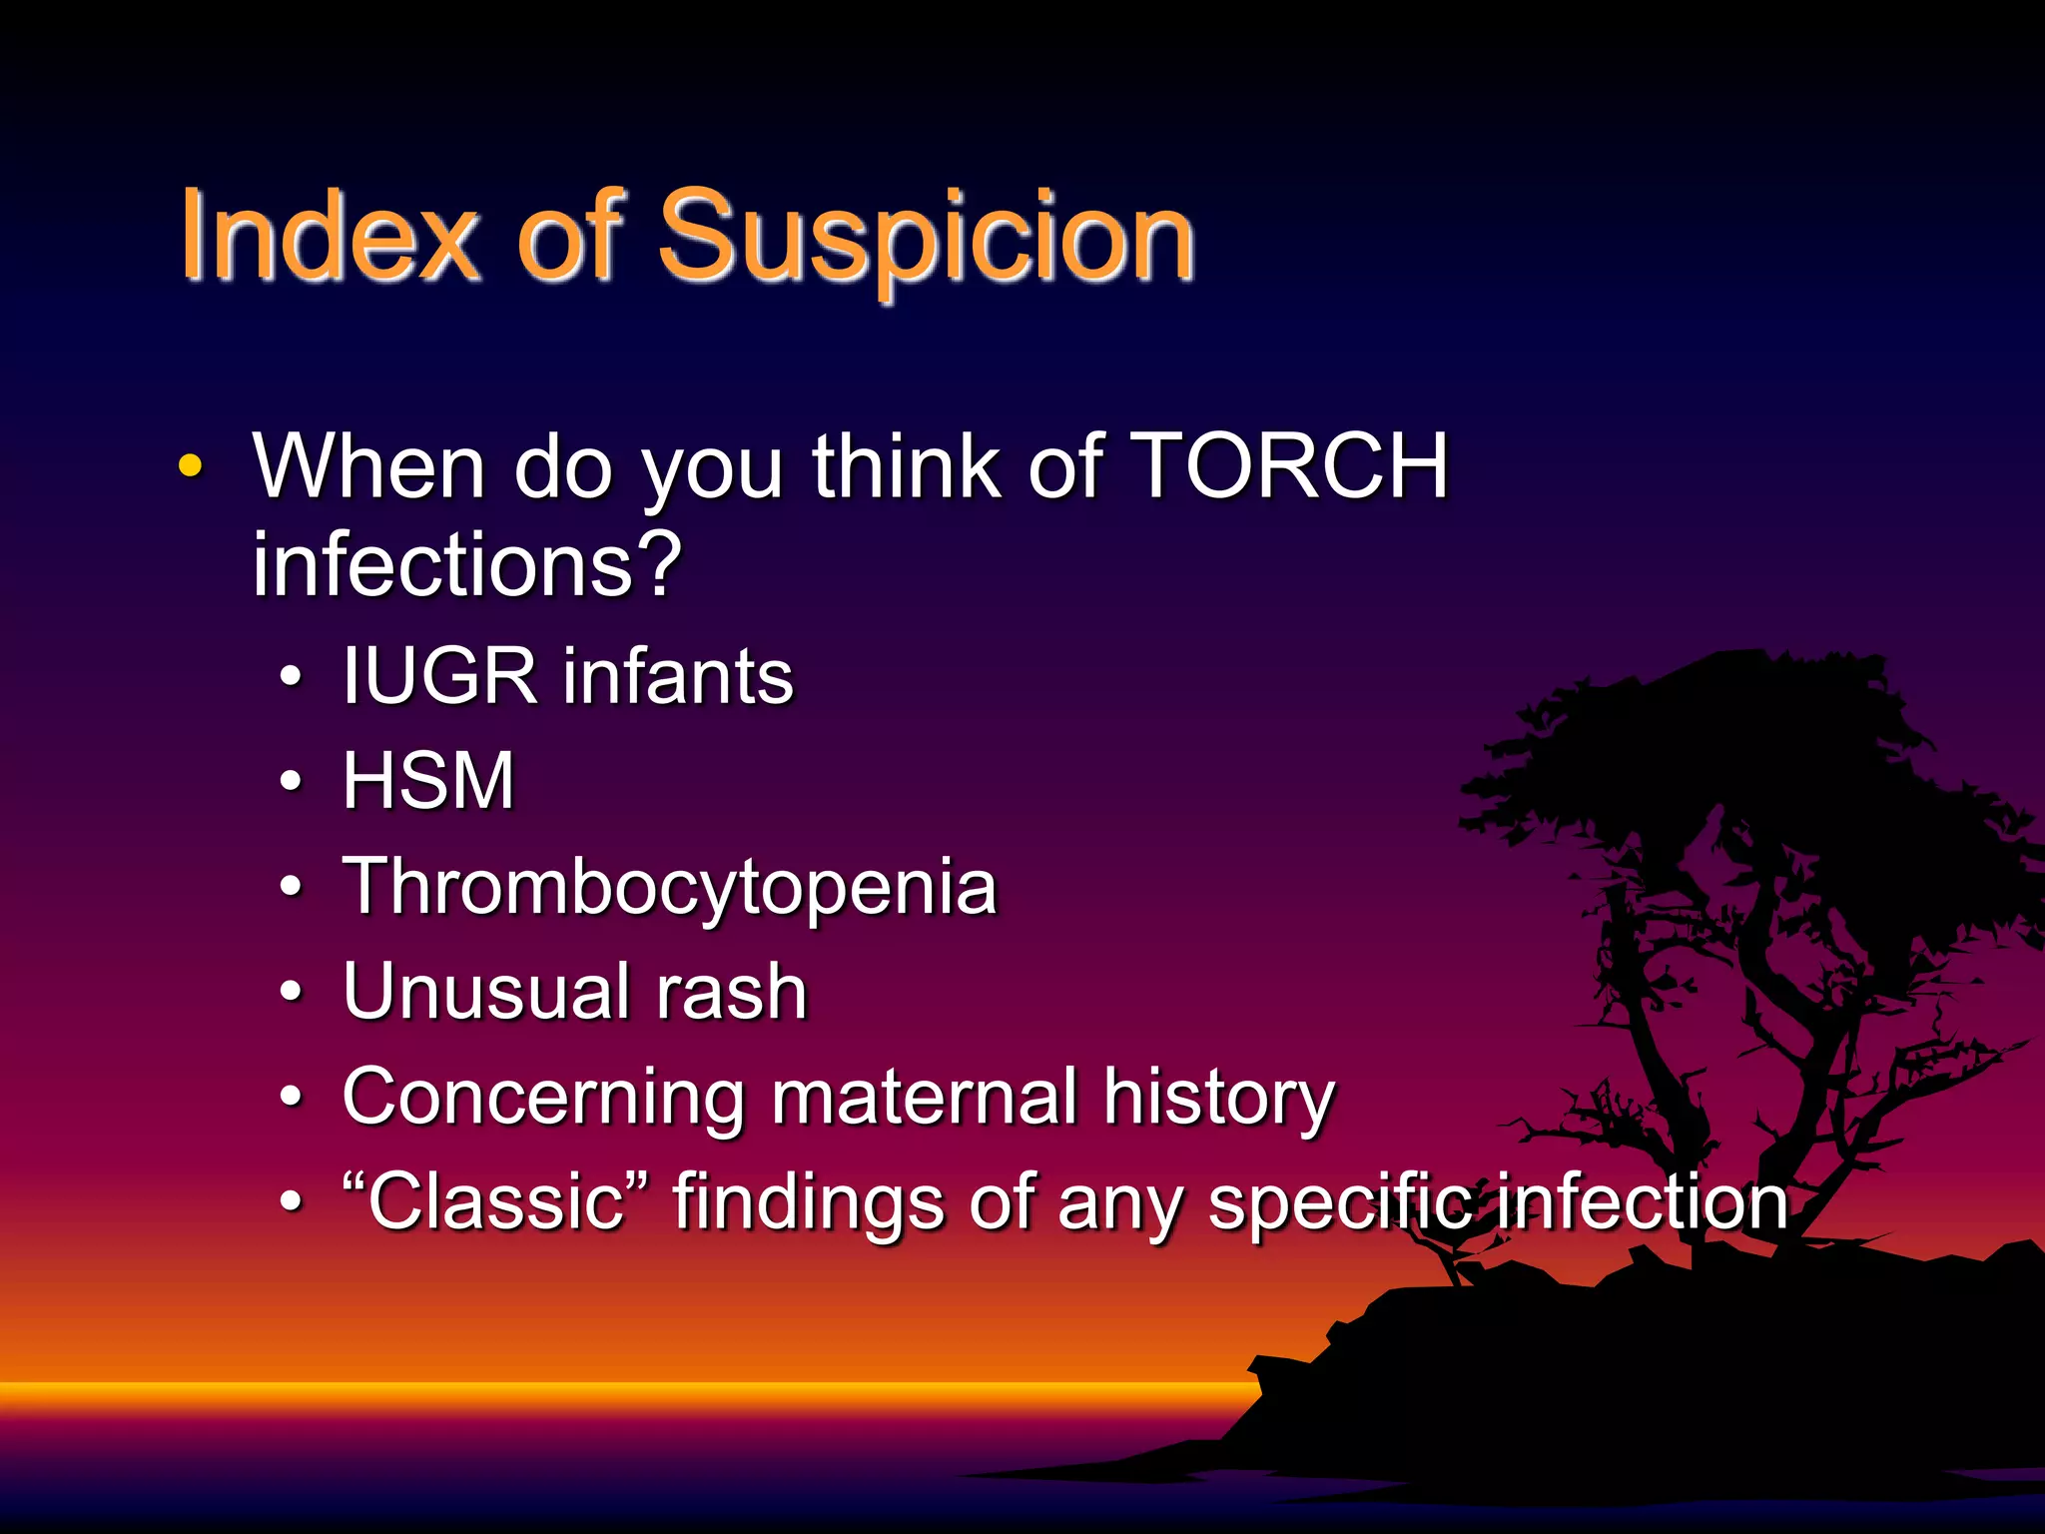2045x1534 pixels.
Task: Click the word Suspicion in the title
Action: [926, 240]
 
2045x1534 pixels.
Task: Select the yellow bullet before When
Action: [190, 466]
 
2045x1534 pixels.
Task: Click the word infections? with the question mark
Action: [466, 566]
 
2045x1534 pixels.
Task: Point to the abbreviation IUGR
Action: [439, 677]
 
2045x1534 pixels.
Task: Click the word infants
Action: [678, 677]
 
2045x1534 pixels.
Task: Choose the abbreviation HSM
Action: [428, 782]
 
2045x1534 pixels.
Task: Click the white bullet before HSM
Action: [291, 782]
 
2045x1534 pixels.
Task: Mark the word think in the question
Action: [906, 466]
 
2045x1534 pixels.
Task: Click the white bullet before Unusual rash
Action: [291, 993]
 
